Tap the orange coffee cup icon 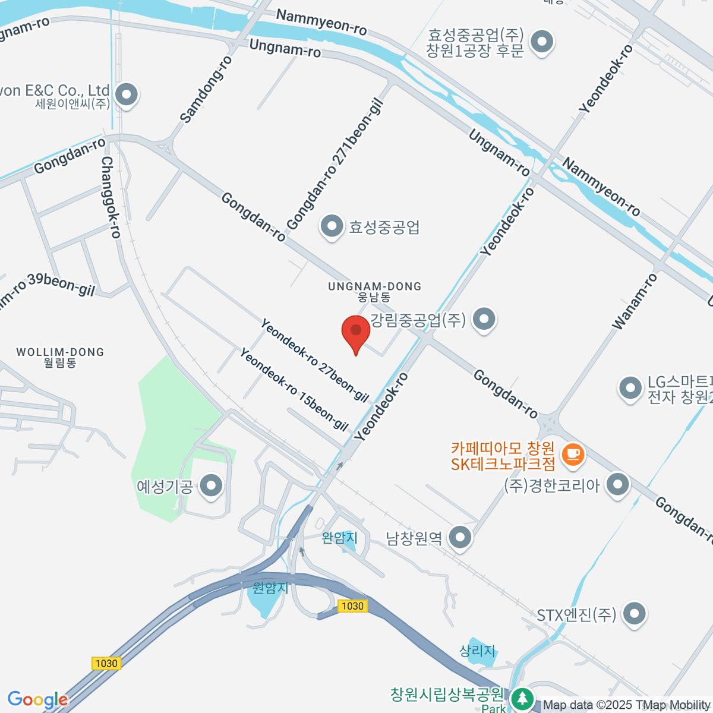[x=573, y=455]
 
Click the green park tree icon [x=522, y=698]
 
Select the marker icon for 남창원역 [x=460, y=538]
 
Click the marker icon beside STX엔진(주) [x=634, y=614]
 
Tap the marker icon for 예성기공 [x=211, y=487]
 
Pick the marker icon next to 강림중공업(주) [x=484, y=320]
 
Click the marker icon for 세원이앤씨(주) [x=126, y=94]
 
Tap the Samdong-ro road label [x=205, y=90]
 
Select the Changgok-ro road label [x=111, y=197]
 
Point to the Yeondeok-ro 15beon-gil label [x=294, y=389]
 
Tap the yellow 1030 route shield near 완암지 [x=352, y=606]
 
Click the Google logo [x=37, y=699]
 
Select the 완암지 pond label [x=340, y=538]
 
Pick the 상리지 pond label [x=477, y=651]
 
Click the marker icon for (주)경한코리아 [x=618, y=485]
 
